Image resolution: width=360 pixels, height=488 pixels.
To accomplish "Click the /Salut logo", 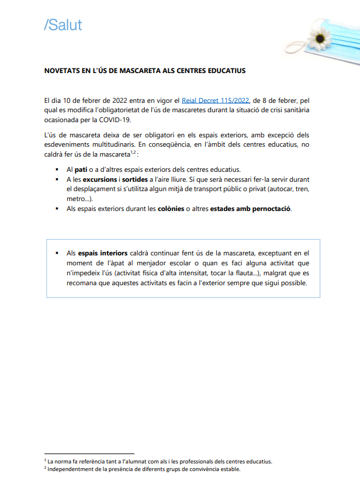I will [x=63, y=25].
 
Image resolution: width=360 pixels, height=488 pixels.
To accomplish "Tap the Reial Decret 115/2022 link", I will [x=216, y=101].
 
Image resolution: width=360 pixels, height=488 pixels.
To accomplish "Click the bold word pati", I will [x=82, y=169].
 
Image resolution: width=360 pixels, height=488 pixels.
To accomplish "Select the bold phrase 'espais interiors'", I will [x=102, y=253].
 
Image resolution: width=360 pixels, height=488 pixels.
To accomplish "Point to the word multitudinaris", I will [x=106, y=144].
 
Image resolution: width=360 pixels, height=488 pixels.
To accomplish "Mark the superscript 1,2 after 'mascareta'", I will [x=134, y=152].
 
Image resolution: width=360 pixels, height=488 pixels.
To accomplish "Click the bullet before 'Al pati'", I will [x=57, y=170].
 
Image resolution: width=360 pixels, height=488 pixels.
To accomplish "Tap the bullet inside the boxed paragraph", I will [x=57, y=254].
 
